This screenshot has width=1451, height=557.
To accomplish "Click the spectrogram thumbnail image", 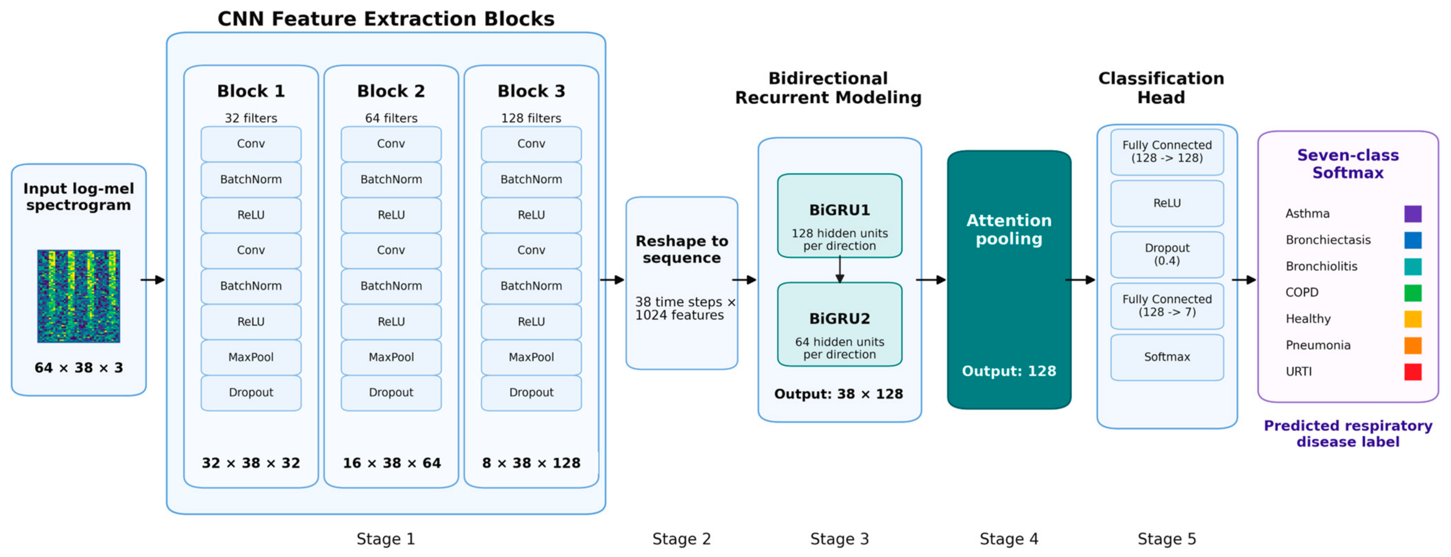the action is tap(78, 296).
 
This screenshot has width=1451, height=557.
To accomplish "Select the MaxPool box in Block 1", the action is tap(251, 357).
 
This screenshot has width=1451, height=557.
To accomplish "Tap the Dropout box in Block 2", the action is tap(391, 392).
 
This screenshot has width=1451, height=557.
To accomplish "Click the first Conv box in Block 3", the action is tap(531, 144).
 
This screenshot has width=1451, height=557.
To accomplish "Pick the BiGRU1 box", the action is tap(839, 215).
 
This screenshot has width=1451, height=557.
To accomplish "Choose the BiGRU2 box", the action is tap(839, 324).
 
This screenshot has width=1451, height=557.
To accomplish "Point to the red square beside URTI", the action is tap(1413, 372).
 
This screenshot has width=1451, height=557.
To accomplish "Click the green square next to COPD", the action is tap(1413, 293).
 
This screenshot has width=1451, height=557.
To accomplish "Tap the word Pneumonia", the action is tap(1318, 345).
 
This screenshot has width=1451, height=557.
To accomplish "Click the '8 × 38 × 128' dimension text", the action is tap(531, 463).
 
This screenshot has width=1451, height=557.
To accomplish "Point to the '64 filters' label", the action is tap(391, 118).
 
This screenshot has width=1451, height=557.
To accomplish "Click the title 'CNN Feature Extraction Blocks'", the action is tap(386, 19).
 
